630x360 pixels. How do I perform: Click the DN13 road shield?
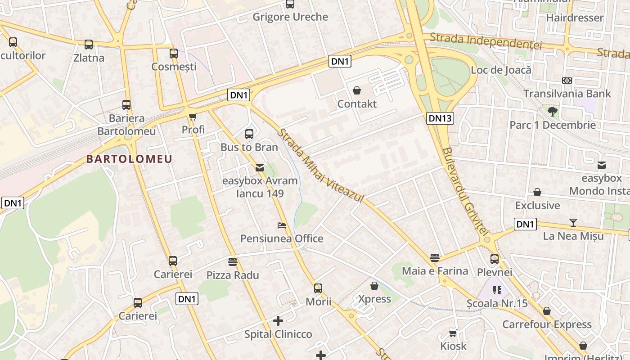coord(440,118)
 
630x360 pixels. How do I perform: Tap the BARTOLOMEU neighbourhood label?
coord(129,159)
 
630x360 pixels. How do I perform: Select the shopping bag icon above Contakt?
coord(357,91)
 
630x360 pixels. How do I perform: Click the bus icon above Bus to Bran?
coord(249,134)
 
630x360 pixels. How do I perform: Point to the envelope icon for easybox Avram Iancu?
coord(260,168)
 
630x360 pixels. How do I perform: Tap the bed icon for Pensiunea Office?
coord(282,225)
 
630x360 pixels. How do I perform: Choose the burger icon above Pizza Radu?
coord(233,261)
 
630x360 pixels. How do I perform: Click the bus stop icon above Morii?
coord(318,288)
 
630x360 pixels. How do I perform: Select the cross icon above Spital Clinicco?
coord(278,321)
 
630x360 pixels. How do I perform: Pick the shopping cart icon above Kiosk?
coord(453,333)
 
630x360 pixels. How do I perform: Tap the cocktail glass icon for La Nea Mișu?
coord(573,222)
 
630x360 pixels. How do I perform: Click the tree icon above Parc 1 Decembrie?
coord(553,111)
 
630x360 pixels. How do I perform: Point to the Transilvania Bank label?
coord(567,94)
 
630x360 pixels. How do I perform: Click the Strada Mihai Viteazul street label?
coord(320,165)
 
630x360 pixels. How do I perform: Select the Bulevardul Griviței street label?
coord(465,191)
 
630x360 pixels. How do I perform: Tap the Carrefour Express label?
coord(547,324)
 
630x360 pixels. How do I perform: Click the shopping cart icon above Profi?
coord(193,117)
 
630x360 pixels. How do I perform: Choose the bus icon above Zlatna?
coord(89,45)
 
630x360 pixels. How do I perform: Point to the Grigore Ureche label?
coord(290,17)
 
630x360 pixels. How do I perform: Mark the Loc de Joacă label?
coord(501,70)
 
